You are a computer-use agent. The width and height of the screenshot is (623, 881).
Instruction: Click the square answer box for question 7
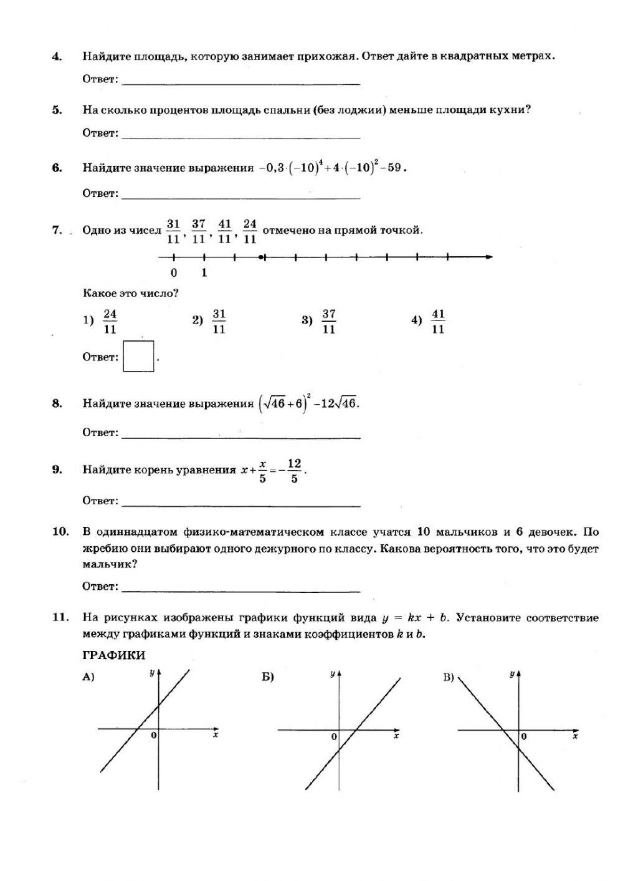[138, 356]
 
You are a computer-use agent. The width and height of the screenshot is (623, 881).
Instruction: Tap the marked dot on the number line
[260, 257]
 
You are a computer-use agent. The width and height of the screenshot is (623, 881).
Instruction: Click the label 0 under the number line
[174, 272]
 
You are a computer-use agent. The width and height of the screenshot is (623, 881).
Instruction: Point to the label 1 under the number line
[204, 272]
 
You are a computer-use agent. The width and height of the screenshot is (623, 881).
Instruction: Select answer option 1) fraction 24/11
[110, 321]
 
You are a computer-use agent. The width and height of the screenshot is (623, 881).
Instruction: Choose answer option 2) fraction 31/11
[219, 321]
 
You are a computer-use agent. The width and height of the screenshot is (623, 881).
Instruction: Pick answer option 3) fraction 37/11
[329, 321]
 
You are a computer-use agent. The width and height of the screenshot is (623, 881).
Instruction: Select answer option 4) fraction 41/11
[438, 321]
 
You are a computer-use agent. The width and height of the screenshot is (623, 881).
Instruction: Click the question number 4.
[57, 57]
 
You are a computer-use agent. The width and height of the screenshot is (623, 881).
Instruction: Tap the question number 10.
[60, 532]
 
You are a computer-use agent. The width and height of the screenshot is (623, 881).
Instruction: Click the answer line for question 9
[240, 504]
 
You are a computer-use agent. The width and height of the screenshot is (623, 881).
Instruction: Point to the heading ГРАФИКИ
[113, 655]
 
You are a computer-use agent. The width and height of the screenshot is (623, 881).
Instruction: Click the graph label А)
[88, 678]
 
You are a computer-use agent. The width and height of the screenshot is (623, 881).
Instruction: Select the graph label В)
[449, 678]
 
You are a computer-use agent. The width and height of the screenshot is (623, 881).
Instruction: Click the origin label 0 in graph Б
[334, 737]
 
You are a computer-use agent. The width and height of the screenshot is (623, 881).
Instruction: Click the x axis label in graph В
[575, 736]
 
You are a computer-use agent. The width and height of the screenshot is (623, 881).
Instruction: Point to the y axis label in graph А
[151, 673]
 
